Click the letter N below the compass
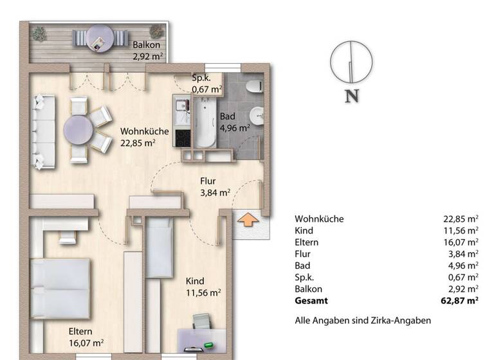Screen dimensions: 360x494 [351, 96]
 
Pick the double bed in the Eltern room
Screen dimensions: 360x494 [61, 286]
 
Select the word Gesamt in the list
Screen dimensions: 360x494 [311, 300]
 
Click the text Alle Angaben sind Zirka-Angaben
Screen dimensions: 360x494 [362, 320]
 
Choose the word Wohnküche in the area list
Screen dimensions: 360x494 [319, 219]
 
